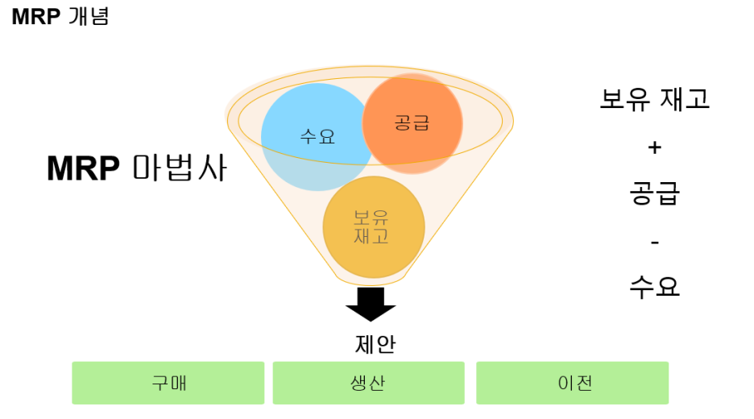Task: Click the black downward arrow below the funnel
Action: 371,304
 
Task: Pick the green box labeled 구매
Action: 168,383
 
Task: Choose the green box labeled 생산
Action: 368,383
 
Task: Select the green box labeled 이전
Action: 572,383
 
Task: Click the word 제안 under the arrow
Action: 375,344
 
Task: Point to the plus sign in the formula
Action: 654,147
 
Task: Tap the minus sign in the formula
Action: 654,241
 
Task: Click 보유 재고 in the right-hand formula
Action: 654,99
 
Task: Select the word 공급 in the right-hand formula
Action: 654,194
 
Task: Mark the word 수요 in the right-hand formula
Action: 654,287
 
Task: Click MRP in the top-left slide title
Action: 35,16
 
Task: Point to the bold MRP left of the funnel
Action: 83,168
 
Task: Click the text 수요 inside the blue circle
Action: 317,136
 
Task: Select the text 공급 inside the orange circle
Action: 412,122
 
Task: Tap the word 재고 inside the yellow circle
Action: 372,236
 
